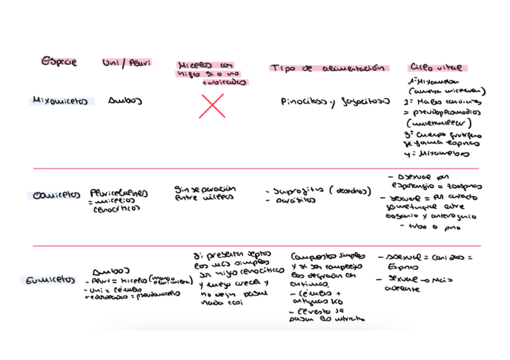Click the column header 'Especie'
click(58, 62)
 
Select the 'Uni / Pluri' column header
click(127, 63)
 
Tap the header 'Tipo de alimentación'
click(328, 69)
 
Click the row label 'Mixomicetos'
click(60, 101)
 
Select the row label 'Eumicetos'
click(52, 280)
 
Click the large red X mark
click(212, 106)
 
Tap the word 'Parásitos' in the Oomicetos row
click(287, 201)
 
